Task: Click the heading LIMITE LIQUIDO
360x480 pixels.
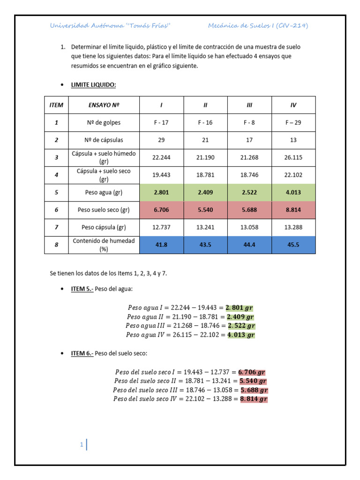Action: [x=93, y=84]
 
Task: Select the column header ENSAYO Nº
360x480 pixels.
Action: [x=104, y=105]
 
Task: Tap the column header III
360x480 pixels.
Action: [x=249, y=105]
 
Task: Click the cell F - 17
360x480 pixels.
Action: [x=161, y=122]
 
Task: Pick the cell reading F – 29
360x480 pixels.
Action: [x=293, y=122]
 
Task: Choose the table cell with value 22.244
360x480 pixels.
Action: [x=161, y=157]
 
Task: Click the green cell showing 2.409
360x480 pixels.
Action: [x=205, y=193]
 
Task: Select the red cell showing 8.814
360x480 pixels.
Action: [x=293, y=210]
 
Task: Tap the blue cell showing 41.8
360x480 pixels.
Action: [x=161, y=245]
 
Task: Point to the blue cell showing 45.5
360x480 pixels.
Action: [x=293, y=245]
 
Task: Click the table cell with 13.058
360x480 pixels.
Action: [x=249, y=227]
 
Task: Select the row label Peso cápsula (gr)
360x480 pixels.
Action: [x=104, y=227]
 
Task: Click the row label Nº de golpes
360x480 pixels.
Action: [x=104, y=122]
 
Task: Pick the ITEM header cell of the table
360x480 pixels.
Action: [x=56, y=105]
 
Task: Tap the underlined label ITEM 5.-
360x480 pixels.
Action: [x=82, y=289]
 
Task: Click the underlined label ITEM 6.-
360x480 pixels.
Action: [x=82, y=353]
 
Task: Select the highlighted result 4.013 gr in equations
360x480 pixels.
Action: [x=241, y=335]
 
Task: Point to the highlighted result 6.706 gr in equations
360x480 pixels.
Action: [x=252, y=372]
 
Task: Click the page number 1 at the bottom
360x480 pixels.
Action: [x=82, y=445]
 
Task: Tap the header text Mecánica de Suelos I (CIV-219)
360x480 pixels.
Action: [x=258, y=26]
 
